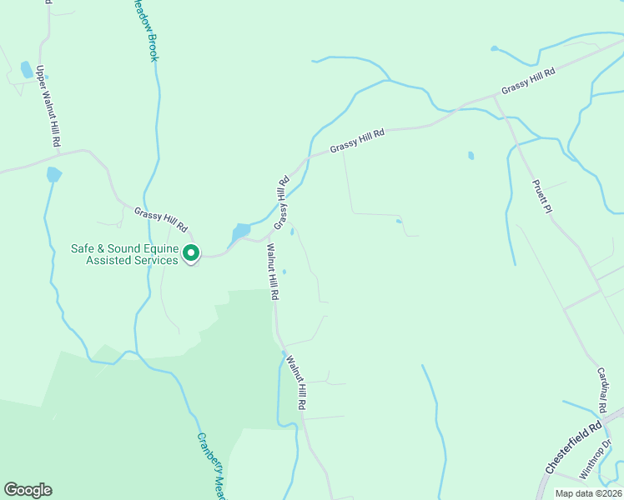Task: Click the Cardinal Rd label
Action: (601, 392)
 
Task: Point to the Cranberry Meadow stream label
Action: (212, 467)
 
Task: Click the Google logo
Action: (28, 490)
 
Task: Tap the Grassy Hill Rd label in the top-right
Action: (528, 81)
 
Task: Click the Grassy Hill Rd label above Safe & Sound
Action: (161, 219)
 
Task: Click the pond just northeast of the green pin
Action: (241, 231)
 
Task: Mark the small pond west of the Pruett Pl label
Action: (471, 155)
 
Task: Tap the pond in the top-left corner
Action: (27, 69)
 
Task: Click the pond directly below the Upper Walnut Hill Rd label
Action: (53, 174)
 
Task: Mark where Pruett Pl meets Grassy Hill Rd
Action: (496, 97)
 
